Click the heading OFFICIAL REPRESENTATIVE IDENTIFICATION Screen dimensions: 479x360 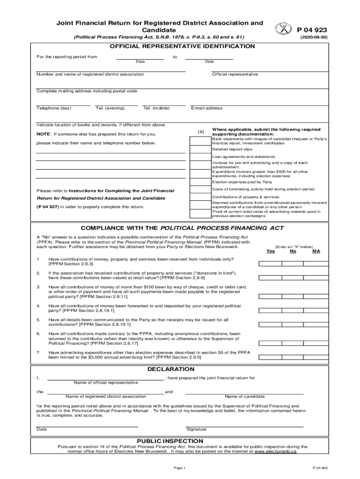[182, 46]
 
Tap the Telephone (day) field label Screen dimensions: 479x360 [54, 108]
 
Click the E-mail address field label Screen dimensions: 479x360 [207, 108]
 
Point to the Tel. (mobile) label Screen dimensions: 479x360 [157, 108]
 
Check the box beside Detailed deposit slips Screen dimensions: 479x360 [201, 150]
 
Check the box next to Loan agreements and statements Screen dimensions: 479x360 [201, 157]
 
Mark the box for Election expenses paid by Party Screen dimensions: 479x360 [201, 181]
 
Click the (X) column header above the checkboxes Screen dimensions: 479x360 [201, 132]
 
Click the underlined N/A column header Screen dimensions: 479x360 [317, 251]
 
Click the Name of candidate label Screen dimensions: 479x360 [245, 396]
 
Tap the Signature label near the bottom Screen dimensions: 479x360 [196, 429]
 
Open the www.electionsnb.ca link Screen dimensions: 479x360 [274, 452]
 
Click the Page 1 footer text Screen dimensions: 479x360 [180, 468]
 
